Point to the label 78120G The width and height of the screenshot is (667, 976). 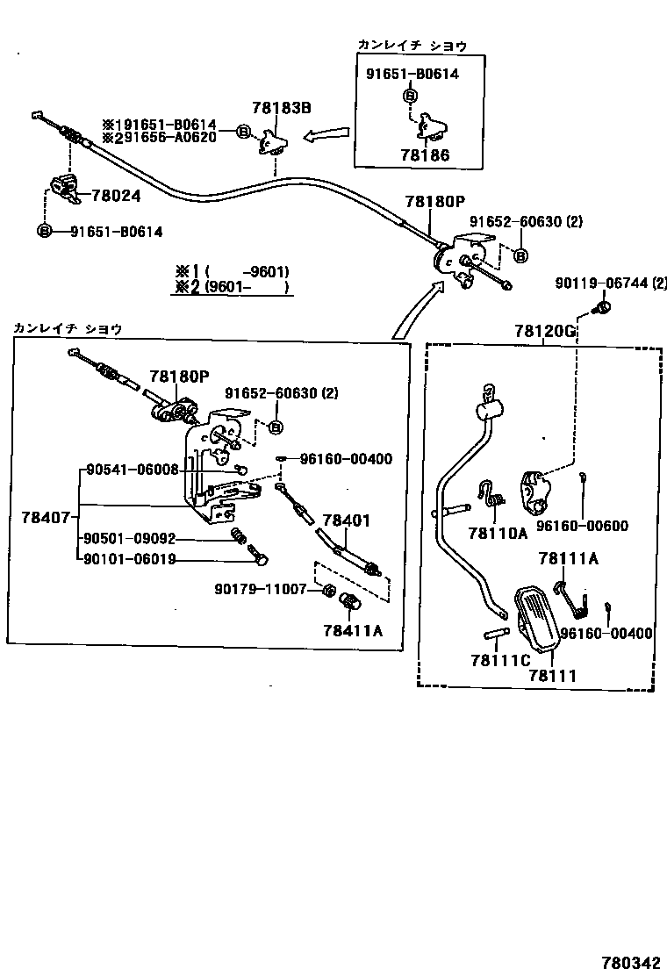[x=545, y=331]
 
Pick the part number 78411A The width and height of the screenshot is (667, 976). [x=352, y=630]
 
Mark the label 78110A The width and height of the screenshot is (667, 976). [x=497, y=532]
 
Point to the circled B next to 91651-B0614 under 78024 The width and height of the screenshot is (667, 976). [x=43, y=231]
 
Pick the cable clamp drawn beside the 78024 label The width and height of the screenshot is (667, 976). [x=63, y=188]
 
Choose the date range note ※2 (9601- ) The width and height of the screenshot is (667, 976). [x=232, y=286]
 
